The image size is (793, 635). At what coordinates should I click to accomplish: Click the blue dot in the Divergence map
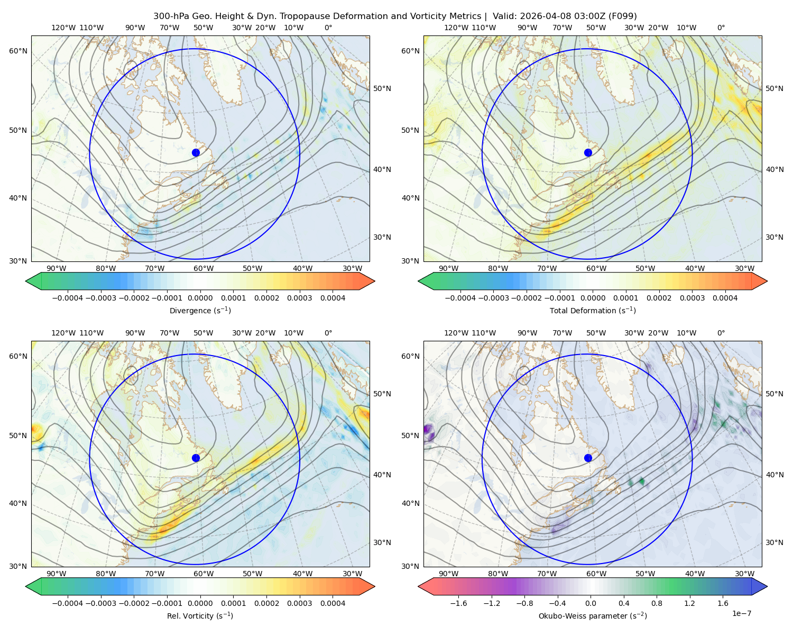pos(196,153)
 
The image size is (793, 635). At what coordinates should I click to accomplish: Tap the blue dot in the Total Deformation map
pos(588,153)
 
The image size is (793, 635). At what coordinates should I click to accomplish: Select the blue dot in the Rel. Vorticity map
pos(196,458)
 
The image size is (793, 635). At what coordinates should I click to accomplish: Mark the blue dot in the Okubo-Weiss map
pos(588,458)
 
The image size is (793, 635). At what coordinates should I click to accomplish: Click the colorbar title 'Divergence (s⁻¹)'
pos(200,310)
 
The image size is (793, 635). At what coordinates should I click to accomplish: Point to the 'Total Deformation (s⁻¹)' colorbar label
pos(593,310)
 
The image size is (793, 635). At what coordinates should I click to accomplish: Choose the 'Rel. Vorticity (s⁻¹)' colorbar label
pos(200,615)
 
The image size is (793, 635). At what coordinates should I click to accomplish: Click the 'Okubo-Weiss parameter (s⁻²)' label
pos(593,615)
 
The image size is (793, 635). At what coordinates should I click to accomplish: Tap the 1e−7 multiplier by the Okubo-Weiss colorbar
pos(741,614)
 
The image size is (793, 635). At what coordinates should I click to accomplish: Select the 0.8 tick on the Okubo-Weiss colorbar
pos(657,603)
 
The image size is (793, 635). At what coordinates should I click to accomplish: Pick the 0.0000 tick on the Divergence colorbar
pos(200,298)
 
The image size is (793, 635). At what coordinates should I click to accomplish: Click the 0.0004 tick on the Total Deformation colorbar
pos(725,298)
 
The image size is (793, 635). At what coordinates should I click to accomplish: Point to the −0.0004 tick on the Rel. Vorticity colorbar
pos(68,603)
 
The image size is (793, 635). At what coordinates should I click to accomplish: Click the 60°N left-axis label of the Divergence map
pos(18,51)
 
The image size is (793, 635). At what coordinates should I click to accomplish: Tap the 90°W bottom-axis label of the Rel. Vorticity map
pos(57,574)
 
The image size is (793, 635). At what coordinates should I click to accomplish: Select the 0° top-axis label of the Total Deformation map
pos(721,28)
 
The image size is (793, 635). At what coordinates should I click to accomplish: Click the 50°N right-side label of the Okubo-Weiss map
pos(774,394)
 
